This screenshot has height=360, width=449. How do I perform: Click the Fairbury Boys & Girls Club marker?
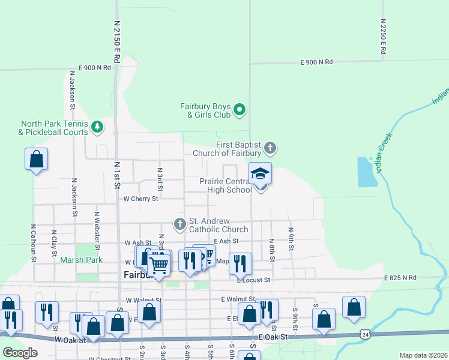pyautogui.click(x=240, y=109)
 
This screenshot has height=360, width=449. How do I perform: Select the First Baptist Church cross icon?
pyautogui.click(x=270, y=148)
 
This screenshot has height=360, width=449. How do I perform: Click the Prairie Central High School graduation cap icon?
pyautogui.click(x=261, y=173)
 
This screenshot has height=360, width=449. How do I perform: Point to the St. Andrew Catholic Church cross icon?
pyautogui.click(x=179, y=224)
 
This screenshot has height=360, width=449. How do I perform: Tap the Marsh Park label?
pyautogui.click(x=81, y=260)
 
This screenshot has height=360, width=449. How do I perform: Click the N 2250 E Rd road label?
pyautogui.click(x=382, y=36)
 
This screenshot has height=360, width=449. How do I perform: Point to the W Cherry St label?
pyautogui.click(x=140, y=198)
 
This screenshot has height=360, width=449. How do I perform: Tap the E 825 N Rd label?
pyautogui.click(x=400, y=278)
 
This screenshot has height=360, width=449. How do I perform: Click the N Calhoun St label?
pyautogui.click(x=33, y=244)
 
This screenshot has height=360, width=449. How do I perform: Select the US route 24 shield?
pyautogui.click(x=365, y=334)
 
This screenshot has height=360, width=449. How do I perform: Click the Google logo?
pyautogui.click(x=20, y=353)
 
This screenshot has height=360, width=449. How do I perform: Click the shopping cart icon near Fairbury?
pyautogui.click(x=159, y=263)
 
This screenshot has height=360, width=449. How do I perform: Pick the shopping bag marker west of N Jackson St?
pyautogui.click(x=37, y=160)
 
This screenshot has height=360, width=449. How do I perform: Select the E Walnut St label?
pyautogui.click(x=236, y=299)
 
